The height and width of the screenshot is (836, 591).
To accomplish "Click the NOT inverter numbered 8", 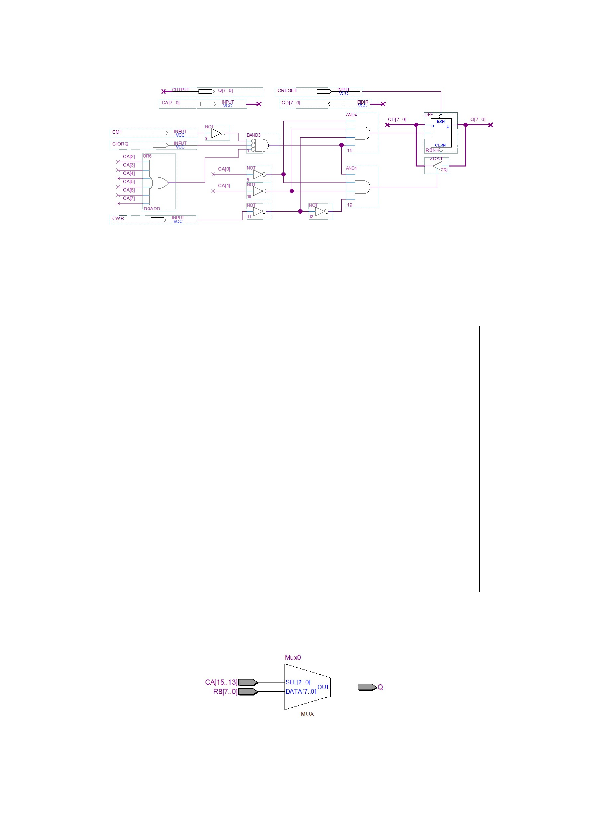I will point(217,133).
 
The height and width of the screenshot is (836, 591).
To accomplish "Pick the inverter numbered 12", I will point(321,212).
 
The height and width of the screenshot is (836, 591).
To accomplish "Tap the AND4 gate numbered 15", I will point(363,133).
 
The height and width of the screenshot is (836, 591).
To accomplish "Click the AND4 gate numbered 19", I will point(363,187).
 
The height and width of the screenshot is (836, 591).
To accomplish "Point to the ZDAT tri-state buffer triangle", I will point(437,167).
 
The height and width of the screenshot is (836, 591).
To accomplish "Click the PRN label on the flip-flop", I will point(440,121).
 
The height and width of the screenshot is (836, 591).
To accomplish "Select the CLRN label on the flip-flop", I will point(440,145).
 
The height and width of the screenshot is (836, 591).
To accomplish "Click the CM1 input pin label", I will point(117,132).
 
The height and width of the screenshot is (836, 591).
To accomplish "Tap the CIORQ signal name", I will point(120,144).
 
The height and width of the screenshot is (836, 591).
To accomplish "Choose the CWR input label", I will point(118,218).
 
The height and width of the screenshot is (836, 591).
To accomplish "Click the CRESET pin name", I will point(287,91).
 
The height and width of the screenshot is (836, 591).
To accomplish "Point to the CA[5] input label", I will point(129,182).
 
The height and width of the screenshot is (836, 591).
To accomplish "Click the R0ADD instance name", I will point(152,209).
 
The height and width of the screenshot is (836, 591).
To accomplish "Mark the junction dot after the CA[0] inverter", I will point(283,174).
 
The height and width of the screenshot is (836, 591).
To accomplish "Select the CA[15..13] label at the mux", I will point(221,682).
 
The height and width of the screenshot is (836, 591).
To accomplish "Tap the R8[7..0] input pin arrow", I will point(248,692).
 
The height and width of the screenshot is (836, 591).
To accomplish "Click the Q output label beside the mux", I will point(380,687).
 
